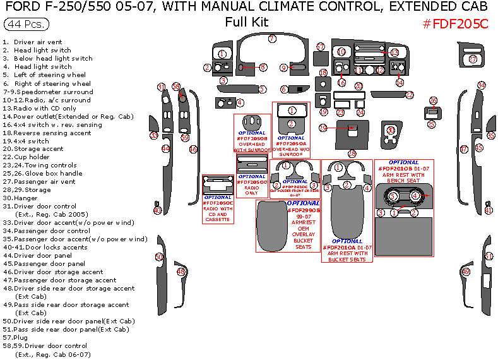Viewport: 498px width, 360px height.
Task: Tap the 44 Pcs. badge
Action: pos(23,24)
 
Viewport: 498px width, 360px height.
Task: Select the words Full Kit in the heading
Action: pos(247,22)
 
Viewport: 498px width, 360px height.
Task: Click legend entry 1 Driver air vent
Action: pos(37,42)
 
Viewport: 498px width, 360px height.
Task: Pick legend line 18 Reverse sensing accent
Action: pos(47,133)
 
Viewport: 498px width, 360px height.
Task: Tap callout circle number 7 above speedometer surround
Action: pos(272,39)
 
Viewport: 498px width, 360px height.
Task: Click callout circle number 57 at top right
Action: pos(473,59)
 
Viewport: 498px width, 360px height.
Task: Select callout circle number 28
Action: pos(433,101)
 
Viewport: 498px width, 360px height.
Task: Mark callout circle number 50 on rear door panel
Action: pos(159,257)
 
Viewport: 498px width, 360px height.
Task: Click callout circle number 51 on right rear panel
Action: pos(489,256)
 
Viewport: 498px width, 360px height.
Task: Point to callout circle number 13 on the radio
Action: pos(394,52)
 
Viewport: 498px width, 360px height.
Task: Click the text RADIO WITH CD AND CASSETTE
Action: pos(218,215)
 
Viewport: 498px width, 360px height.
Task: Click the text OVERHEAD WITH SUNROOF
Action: pos(252,147)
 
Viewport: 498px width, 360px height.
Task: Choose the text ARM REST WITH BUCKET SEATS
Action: pos(347,256)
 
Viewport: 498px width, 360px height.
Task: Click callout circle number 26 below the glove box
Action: pos(352,153)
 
